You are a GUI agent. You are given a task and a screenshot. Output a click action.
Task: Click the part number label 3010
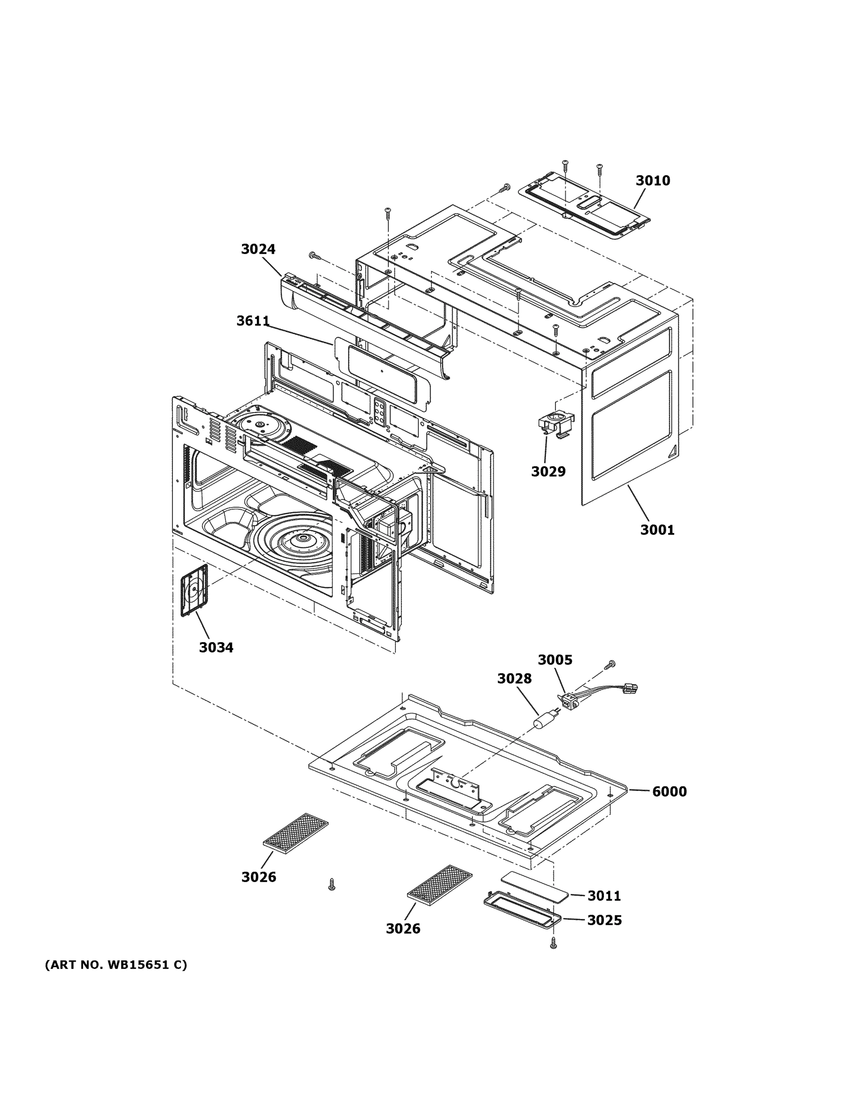coord(652,180)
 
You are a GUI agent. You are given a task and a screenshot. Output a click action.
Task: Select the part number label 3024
coord(258,249)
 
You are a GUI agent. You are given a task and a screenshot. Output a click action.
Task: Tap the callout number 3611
coord(253,321)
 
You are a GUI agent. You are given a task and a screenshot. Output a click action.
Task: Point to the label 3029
coord(548,471)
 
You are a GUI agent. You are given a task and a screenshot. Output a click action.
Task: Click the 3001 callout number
coord(657,530)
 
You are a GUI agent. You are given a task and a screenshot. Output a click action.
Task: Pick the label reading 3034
coord(216,648)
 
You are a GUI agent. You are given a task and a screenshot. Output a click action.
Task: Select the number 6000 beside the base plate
coord(669,792)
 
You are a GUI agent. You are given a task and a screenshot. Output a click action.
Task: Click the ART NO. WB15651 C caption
coord(116,965)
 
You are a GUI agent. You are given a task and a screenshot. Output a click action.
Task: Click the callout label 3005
coord(555,660)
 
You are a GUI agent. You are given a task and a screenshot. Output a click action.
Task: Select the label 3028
coord(514,679)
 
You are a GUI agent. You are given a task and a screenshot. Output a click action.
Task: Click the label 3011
coord(604,896)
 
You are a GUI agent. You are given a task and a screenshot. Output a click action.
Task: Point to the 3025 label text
coord(604,920)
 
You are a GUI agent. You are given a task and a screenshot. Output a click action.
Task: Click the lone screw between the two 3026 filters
coord(332,884)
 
